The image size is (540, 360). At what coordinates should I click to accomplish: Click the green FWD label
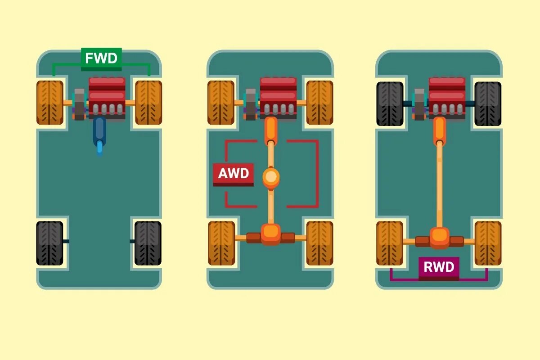pos(101,59)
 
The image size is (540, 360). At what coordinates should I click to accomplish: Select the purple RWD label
pos(439,268)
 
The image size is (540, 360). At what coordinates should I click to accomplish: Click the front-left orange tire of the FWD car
pos(49,103)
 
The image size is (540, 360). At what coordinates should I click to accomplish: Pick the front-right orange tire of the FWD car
pos(148,103)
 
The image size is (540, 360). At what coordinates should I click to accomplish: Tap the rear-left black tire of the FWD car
pos(49,243)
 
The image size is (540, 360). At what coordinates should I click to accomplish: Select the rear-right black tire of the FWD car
pos(148,243)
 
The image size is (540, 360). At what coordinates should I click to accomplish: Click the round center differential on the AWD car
pos(270,177)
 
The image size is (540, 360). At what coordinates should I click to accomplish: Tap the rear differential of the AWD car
pos(270,234)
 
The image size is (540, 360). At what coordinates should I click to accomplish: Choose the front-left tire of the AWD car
pos(221,103)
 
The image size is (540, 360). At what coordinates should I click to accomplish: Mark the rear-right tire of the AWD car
pos(319,243)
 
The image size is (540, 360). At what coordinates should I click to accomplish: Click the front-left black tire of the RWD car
pos(390,103)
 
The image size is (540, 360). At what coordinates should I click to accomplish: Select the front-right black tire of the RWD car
pos(488,103)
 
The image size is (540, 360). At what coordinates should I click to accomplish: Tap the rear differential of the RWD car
pos(439,238)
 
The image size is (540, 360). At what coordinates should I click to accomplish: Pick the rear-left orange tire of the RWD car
pos(390,243)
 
